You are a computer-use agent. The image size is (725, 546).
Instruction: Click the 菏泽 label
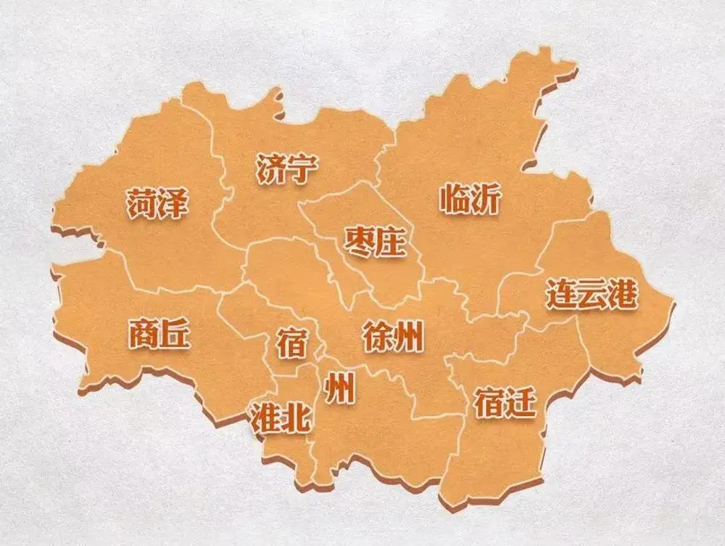pyautogui.click(x=157, y=204)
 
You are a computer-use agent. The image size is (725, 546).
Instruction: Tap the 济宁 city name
pyautogui.click(x=286, y=168)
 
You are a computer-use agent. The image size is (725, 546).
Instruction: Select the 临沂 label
pyautogui.click(x=470, y=198)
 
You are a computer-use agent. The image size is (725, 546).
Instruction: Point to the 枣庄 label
pyautogui.click(x=374, y=242)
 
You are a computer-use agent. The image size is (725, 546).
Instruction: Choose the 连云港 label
pyautogui.click(x=592, y=294)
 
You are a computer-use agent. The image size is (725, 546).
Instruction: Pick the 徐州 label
pyautogui.click(x=392, y=336)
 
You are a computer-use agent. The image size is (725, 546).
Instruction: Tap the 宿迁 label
pyautogui.click(x=505, y=402)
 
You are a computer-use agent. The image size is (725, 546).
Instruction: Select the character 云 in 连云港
pyautogui.click(x=592, y=294)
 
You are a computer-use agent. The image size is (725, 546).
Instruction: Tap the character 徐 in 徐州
pyautogui.click(x=377, y=336)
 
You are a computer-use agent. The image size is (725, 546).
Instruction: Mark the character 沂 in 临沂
pyautogui.click(x=486, y=198)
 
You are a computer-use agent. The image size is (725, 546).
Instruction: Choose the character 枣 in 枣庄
pyautogui.click(x=359, y=242)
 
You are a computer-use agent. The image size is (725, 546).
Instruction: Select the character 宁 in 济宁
pyautogui.click(x=302, y=168)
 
